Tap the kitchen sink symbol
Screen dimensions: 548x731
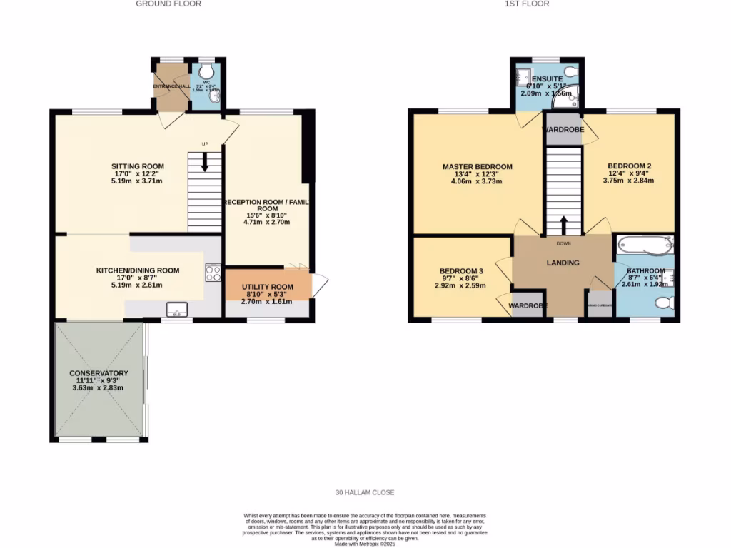coord(176,309)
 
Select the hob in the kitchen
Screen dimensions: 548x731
coord(213,273)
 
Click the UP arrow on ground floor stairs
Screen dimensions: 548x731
coord(206,161)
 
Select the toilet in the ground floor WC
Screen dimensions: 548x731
coord(207,71)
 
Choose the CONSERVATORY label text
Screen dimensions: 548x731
coord(99,373)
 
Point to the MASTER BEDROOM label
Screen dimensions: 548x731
coord(477,167)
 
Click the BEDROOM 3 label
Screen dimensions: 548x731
coord(461,271)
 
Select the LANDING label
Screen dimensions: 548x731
coord(563,263)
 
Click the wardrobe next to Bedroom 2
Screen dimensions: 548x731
coord(563,130)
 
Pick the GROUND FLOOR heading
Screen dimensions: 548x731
coord(168,4)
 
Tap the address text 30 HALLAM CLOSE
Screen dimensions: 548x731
coord(365,492)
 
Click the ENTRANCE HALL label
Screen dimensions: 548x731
coord(170,86)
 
